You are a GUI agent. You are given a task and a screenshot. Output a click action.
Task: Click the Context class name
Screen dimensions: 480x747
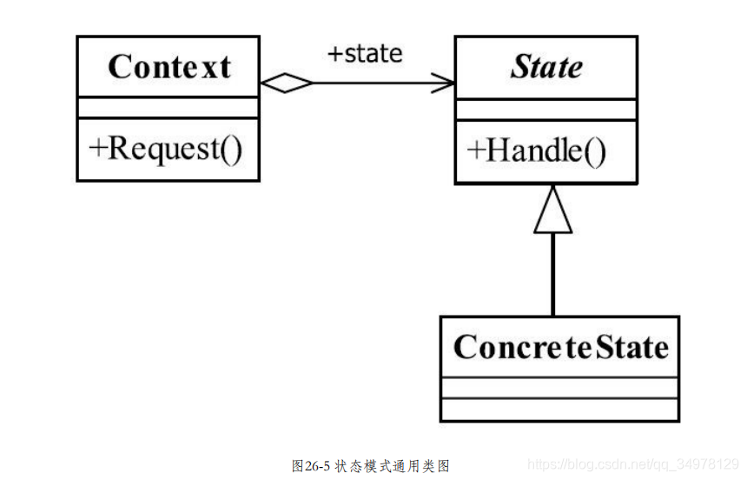(169, 67)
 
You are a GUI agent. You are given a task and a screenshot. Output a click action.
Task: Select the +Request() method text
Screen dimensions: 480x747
(166, 149)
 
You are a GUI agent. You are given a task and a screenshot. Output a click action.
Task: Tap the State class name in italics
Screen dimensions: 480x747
(546, 67)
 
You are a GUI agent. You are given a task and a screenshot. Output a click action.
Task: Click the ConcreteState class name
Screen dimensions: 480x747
(560, 347)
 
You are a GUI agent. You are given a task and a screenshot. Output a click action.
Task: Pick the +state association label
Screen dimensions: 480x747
(364, 54)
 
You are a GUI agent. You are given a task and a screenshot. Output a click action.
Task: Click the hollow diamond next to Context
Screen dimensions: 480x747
(286, 84)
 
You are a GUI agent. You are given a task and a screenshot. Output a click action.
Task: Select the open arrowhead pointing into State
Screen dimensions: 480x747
(444, 84)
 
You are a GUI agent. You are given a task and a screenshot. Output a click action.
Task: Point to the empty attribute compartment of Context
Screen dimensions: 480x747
(169, 108)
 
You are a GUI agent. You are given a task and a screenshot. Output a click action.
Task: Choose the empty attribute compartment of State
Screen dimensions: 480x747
(546, 110)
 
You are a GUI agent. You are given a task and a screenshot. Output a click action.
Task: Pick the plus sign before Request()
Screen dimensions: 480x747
(97, 150)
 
